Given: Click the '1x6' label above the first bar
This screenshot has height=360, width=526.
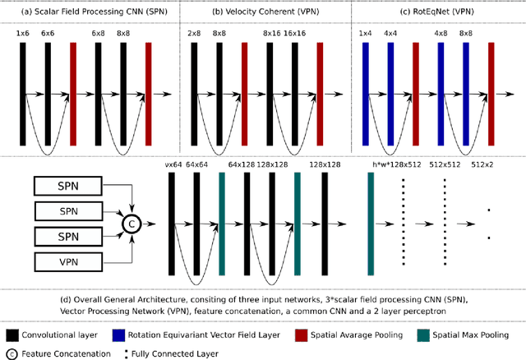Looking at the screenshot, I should pyautogui.click(x=22, y=32).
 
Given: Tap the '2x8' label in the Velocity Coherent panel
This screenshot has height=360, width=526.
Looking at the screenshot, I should pyautogui.click(x=195, y=32).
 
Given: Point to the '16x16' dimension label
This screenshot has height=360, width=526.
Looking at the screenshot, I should pyautogui.click(x=295, y=32).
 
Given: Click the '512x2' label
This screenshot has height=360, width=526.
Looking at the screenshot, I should pyautogui.click(x=482, y=165).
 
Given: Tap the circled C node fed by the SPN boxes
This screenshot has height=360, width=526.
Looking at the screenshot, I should pyautogui.click(x=129, y=224).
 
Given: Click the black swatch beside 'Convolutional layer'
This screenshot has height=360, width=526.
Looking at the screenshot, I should pyautogui.click(x=12, y=335).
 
